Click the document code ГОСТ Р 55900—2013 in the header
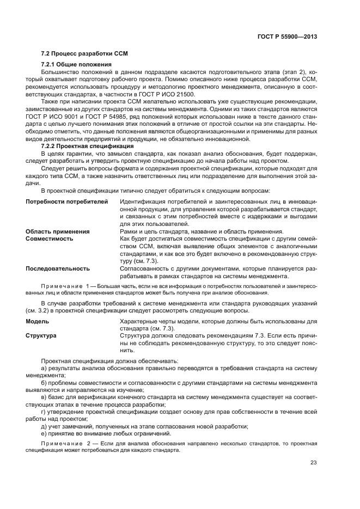coord(286,36)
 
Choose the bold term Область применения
coord(58,231)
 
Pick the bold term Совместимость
coord(50,238)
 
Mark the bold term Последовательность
coord(58,268)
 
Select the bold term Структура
coord(41,336)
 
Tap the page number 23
coord(313,463)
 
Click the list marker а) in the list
coord(44,369)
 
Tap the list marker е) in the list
coord(44,433)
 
